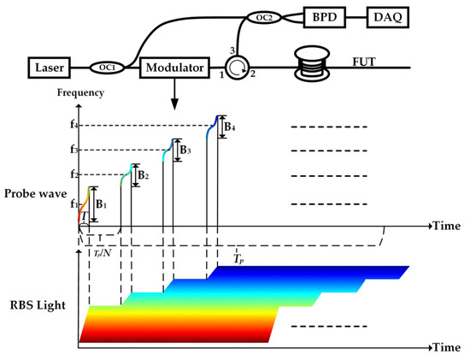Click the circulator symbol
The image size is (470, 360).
(x=236, y=65)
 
